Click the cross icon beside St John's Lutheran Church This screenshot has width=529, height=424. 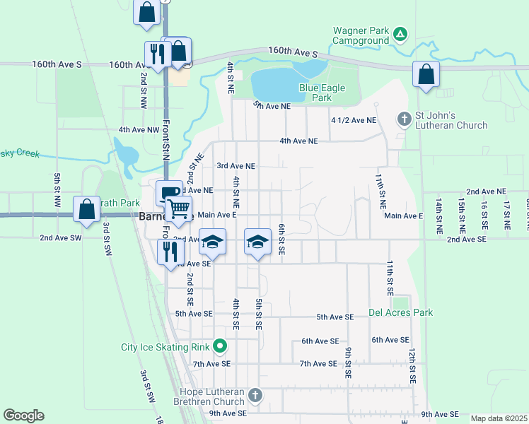click(x=404, y=117)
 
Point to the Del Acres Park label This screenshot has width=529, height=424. click(x=400, y=312)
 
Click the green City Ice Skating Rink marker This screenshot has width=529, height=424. click(x=220, y=346)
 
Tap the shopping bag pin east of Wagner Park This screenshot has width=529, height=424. click(x=426, y=74)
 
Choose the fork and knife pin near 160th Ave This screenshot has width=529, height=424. click(x=156, y=54)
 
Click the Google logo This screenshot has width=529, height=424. click(x=23, y=416)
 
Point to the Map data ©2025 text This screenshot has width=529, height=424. click(x=498, y=418)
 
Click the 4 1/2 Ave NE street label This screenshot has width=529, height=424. click(x=354, y=121)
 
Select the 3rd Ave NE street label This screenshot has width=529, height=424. click(x=236, y=166)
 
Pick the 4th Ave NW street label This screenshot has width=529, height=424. click(x=139, y=130)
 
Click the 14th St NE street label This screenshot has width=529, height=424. click(x=438, y=216)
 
